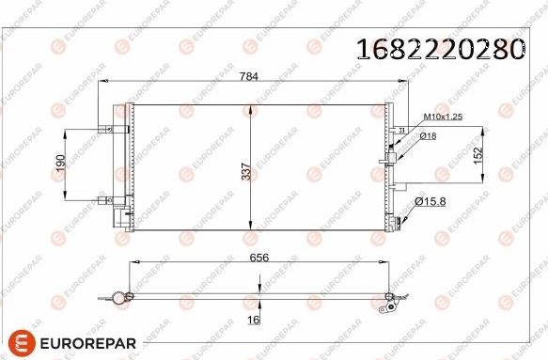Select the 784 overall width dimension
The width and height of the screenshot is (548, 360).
pos(249,76)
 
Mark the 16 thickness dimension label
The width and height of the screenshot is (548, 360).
pos(251,321)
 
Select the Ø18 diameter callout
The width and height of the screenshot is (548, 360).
pos(428,136)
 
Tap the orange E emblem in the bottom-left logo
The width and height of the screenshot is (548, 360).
pos(23,343)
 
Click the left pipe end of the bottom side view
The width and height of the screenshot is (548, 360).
pos(118,298)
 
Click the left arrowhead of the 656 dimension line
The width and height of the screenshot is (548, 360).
pos(133,265)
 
